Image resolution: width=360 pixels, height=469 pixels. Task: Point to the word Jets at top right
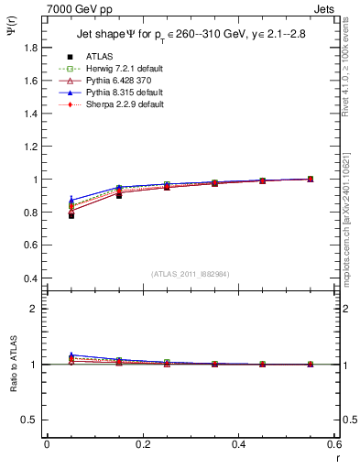point(325,7)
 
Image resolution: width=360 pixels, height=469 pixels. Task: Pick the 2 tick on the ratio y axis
point(32,309)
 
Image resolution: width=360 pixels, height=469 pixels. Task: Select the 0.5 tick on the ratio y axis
point(27,420)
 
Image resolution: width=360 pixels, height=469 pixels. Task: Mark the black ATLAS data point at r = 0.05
point(71,215)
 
